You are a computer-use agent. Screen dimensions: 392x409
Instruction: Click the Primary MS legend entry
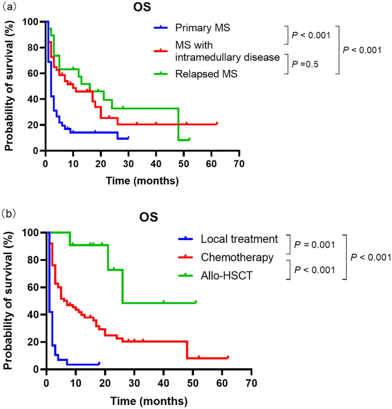click(203, 27)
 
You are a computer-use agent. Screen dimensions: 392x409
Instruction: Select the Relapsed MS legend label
click(206, 74)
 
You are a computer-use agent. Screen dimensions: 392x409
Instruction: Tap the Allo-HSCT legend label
click(227, 276)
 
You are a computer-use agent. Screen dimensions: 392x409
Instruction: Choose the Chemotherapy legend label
click(237, 257)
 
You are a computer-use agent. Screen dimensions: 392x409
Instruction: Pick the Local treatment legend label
click(239, 239)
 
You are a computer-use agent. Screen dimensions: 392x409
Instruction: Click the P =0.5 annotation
click(305, 64)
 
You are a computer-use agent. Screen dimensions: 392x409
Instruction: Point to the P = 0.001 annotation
click(315, 245)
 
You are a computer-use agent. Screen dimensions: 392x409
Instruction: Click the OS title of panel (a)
click(142, 7)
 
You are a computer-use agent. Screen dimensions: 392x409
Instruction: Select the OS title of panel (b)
click(149, 217)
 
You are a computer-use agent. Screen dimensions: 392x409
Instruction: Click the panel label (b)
click(9, 214)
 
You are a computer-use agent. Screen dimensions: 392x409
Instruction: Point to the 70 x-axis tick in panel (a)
click(239, 164)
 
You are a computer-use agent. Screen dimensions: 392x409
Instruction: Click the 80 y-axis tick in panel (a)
click(33, 48)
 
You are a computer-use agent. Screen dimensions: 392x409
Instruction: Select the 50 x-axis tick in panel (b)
click(193, 383)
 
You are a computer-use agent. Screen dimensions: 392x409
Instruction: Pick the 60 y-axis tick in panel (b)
click(33, 287)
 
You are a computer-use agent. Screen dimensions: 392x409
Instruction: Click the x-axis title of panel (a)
click(142, 181)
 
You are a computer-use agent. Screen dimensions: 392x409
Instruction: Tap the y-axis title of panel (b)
click(8, 301)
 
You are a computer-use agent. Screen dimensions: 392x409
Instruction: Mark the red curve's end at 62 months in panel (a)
click(217, 123)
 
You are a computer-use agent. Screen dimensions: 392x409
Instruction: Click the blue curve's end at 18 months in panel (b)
click(99, 363)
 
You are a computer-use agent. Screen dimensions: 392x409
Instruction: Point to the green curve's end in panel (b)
click(196, 302)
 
